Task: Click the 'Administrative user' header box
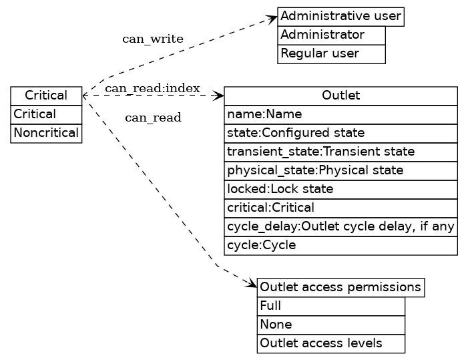click(340, 16)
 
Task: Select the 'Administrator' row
click(331, 35)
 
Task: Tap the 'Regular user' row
click(331, 53)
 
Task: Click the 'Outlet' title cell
click(340, 96)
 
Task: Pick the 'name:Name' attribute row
click(340, 114)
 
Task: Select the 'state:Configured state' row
click(340, 133)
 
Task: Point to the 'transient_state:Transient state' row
click(340, 152)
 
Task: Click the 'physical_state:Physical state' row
click(340, 170)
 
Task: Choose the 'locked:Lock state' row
click(340, 189)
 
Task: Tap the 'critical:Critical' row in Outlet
click(340, 208)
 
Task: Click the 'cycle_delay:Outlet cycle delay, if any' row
click(340, 226)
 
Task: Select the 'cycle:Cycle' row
click(340, 245)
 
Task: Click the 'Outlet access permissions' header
click(340, 287)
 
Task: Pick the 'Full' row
click(330, 306)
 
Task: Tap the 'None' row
click(330, 325)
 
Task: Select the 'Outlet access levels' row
click(330, 343)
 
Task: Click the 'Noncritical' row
click(46, 133)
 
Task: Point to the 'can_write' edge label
click(152, 39)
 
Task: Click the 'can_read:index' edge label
click(152, 88)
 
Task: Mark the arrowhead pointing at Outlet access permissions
click(252, 285)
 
